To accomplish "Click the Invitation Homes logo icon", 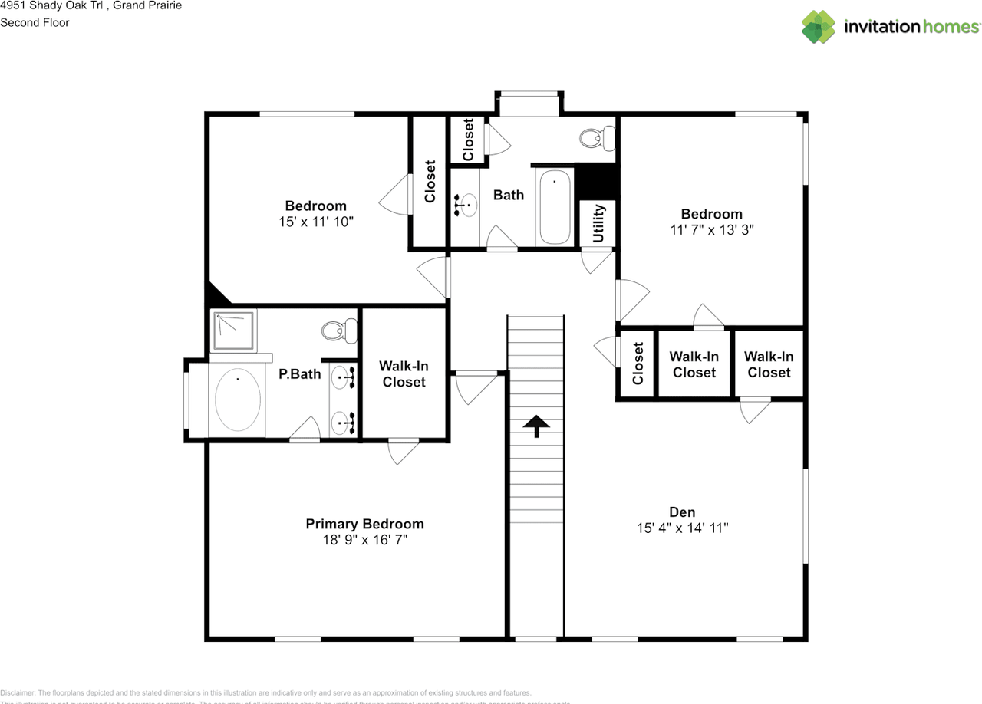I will [x=819, y=27].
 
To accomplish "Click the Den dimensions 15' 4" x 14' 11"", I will [x=682, y=528].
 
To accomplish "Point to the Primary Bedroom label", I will [x=364, y=525].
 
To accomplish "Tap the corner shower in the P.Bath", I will [x=234, y=330].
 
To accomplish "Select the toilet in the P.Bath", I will [x=339, y=331].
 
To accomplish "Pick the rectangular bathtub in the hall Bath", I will [x=555, y=206].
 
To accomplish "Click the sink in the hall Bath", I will [x=466, y=206].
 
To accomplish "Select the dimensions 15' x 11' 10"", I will [x=316, y=222].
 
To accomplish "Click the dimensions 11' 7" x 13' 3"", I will [x=711, y=230].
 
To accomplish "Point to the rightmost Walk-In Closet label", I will [x=769, y=364].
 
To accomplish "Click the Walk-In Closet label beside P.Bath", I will [x=404, y=374].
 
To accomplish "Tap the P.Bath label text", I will [x=299, y=374].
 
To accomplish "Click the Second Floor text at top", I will [x=35, y=22].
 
